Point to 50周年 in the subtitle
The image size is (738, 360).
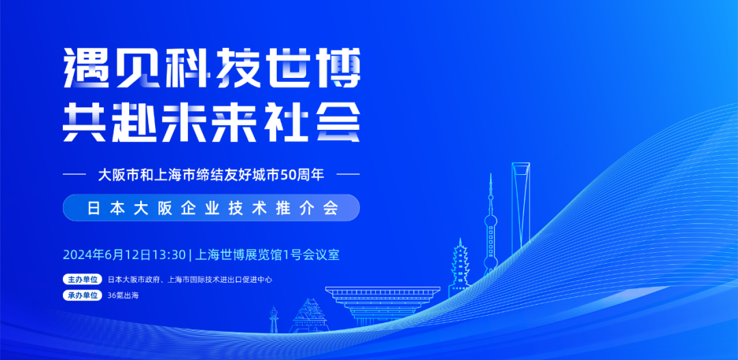point(307,174)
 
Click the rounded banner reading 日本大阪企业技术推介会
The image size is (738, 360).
point(211,208)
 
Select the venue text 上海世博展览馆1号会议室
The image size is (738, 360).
point(267,255)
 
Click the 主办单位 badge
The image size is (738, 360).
point(83,279)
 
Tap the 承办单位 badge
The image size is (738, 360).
point(83,296)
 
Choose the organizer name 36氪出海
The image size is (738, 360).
point(123,296)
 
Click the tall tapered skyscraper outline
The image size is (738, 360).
point(521,205)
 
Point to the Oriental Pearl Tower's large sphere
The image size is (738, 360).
point(491,221)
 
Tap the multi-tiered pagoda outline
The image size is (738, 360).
point(459,266)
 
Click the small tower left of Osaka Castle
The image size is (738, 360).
point(274,320)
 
